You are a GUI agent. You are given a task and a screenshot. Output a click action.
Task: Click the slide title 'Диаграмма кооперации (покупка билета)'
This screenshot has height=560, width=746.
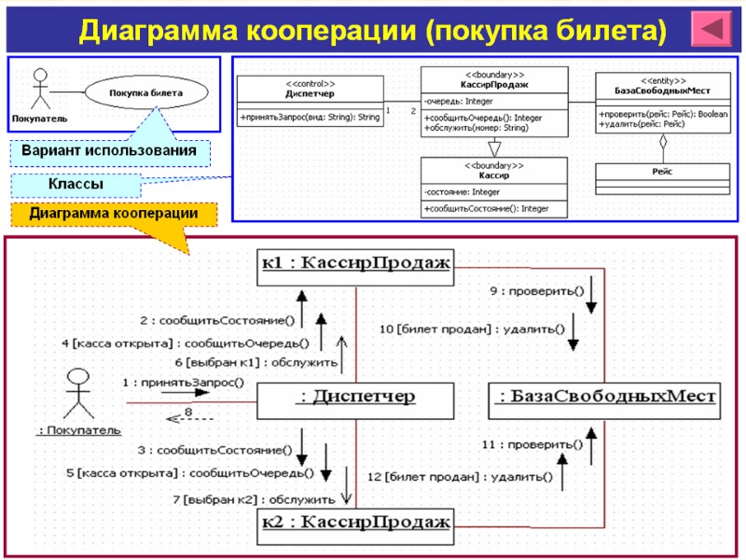pos(373,32)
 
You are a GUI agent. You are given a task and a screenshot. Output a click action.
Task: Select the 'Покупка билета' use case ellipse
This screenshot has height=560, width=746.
pos(145,93)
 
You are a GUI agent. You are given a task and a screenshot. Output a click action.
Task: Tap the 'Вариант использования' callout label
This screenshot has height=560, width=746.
pos(109,150)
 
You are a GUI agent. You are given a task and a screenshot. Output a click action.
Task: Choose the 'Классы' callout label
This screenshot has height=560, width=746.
pos(76,186)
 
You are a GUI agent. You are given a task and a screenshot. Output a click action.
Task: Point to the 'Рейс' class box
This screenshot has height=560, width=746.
pos(662,173)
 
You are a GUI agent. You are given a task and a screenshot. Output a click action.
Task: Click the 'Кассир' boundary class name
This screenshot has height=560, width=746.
pos(493,175)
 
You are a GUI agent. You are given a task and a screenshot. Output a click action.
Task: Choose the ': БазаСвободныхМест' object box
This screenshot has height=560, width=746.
pos(604,398)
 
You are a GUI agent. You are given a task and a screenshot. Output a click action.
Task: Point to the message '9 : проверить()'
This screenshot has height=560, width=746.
pos(536,291)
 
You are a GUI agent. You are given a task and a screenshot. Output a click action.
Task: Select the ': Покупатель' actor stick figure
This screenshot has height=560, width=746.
pos(79,393)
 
